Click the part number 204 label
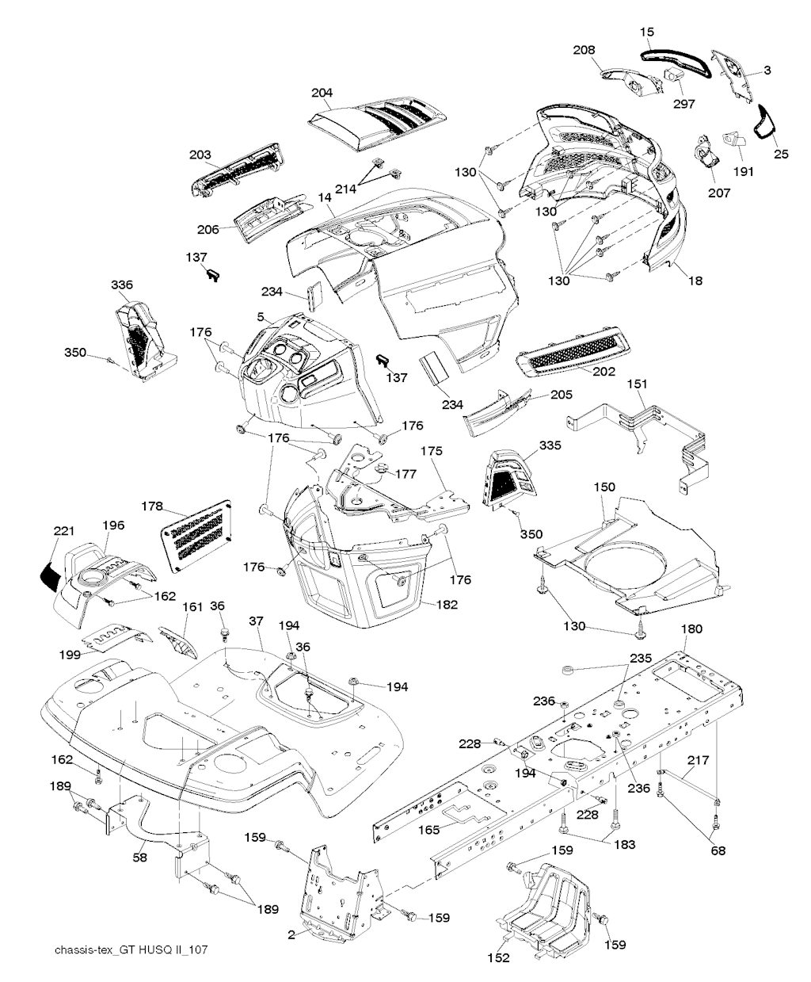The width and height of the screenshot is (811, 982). (322, 93)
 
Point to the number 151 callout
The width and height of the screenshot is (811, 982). (638, 384)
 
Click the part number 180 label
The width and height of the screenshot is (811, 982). (691, 630)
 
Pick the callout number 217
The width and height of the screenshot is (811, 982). (698, 760)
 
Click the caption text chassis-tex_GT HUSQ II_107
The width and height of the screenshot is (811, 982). (131, 950)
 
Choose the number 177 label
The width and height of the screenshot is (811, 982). (406, 474)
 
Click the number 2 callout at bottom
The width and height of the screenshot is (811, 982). (291, 935)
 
